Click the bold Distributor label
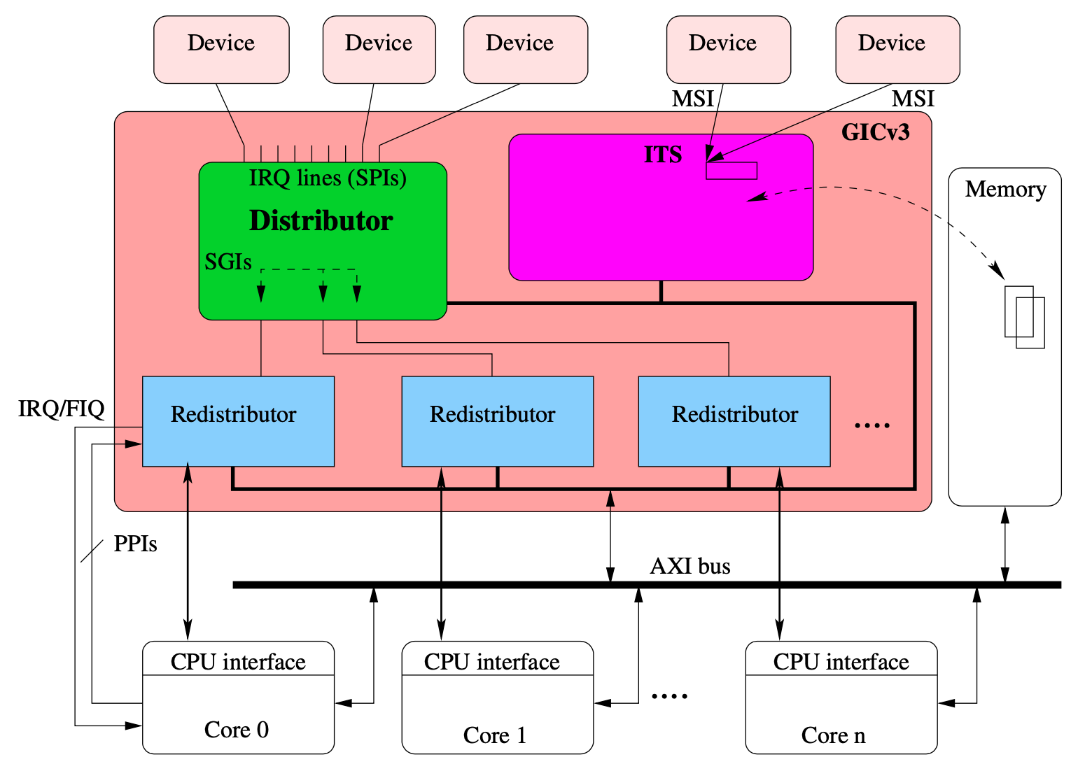[x=321, y=220]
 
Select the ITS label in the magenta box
[x=662, y=155]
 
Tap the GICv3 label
[x=875, y=132]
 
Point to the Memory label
[x=1005, y=190]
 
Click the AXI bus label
[x=690, y=566]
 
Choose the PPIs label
[x=135, y=544]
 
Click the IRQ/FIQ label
[x=62, y=409]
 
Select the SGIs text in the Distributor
[x=228, y=262]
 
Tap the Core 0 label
[x=237, y=730]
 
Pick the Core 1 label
[x=494, y=735]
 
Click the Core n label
[x=833, y=735]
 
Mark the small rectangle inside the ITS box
[x=731, y=171]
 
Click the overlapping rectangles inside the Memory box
[x=1024, y=317]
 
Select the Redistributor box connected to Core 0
[x=238, y=421]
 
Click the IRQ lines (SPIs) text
[x=328, y=178]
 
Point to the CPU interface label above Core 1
[x=491, y=662]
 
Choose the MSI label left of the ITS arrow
[x=692, y=99]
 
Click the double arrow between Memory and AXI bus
[x=1005, y=545]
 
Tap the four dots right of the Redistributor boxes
[x=872, y=425]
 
